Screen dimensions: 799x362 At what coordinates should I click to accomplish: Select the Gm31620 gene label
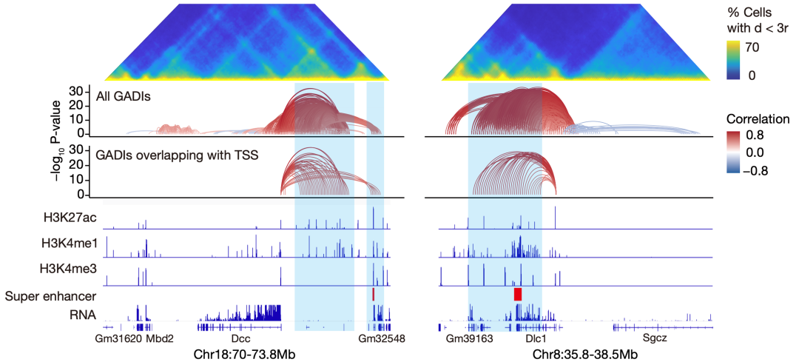point(119,338)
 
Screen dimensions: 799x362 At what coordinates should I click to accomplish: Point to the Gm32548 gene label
point(382,338)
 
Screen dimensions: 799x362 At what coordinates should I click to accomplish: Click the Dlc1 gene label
point(536,338)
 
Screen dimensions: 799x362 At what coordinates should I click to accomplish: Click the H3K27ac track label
point(71,217)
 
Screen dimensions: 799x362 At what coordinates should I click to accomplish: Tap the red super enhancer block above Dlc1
point(518,294)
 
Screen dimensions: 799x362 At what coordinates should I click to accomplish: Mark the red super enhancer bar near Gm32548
point(374,294)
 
